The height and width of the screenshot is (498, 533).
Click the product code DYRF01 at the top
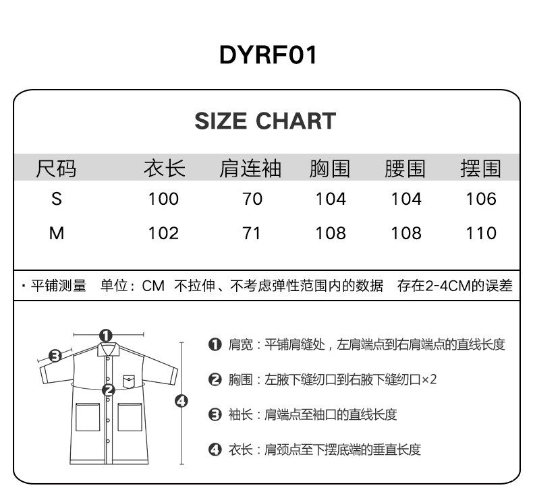(268, 55)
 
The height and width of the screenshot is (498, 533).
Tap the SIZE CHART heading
(265, 121)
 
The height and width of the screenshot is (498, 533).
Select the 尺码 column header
(56, 168)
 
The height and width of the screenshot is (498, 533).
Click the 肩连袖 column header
(250, 168)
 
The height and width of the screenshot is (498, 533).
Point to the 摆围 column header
(480, 168)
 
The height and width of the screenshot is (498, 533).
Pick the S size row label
(57, 199)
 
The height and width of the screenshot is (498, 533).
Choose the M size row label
(57, 234)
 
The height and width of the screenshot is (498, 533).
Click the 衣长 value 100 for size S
(163, 199)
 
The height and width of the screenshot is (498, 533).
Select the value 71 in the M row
(251, 234)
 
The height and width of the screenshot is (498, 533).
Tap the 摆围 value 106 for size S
(480, 199)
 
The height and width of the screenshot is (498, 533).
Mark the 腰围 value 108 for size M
(406, 234)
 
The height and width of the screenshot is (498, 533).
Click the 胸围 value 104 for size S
(331, 199)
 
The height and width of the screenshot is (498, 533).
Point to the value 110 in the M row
(480, 234)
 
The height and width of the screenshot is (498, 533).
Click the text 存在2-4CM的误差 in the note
(454, 286)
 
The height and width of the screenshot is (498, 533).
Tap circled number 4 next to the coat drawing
(181, 401)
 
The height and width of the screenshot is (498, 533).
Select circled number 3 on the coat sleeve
(56, 355)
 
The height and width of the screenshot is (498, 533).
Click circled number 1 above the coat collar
(105, 335)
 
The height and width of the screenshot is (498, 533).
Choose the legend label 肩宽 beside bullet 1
(240, 345)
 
